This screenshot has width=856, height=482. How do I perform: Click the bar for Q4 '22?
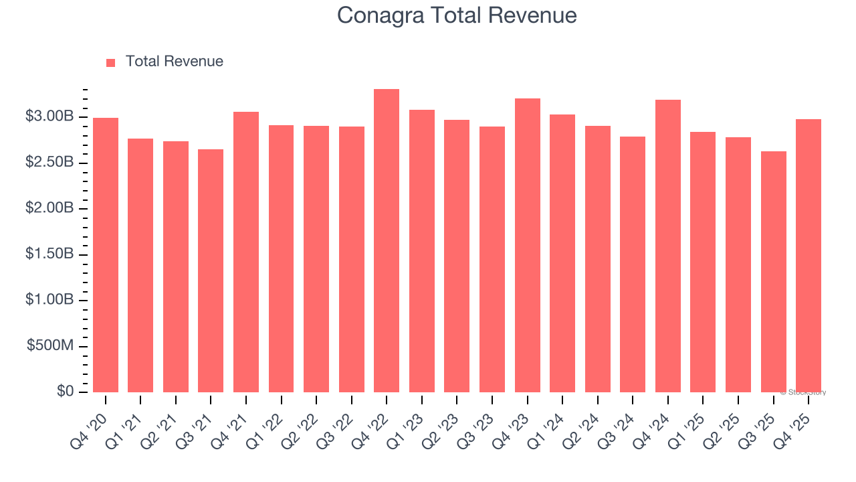pos(387,241)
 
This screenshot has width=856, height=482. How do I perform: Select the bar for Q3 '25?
pos(773,272)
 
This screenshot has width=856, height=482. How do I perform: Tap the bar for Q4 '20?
pos(106,255)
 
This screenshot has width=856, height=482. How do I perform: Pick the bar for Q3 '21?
pos(211,270)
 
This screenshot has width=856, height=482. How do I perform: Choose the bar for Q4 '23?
pos(527,245)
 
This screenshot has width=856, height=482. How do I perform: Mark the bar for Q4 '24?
pos(667,246)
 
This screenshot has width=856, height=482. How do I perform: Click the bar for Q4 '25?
pos(809,256)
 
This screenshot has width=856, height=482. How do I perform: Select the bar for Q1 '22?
pos(281,258)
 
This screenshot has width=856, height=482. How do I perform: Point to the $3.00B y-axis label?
pos(49,116)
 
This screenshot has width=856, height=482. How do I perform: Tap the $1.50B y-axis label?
pos(49,254)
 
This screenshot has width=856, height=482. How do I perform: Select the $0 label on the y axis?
pos(64,391)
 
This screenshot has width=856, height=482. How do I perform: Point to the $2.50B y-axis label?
pos(49,163)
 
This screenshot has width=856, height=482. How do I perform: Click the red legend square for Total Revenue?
pos(111,62)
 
